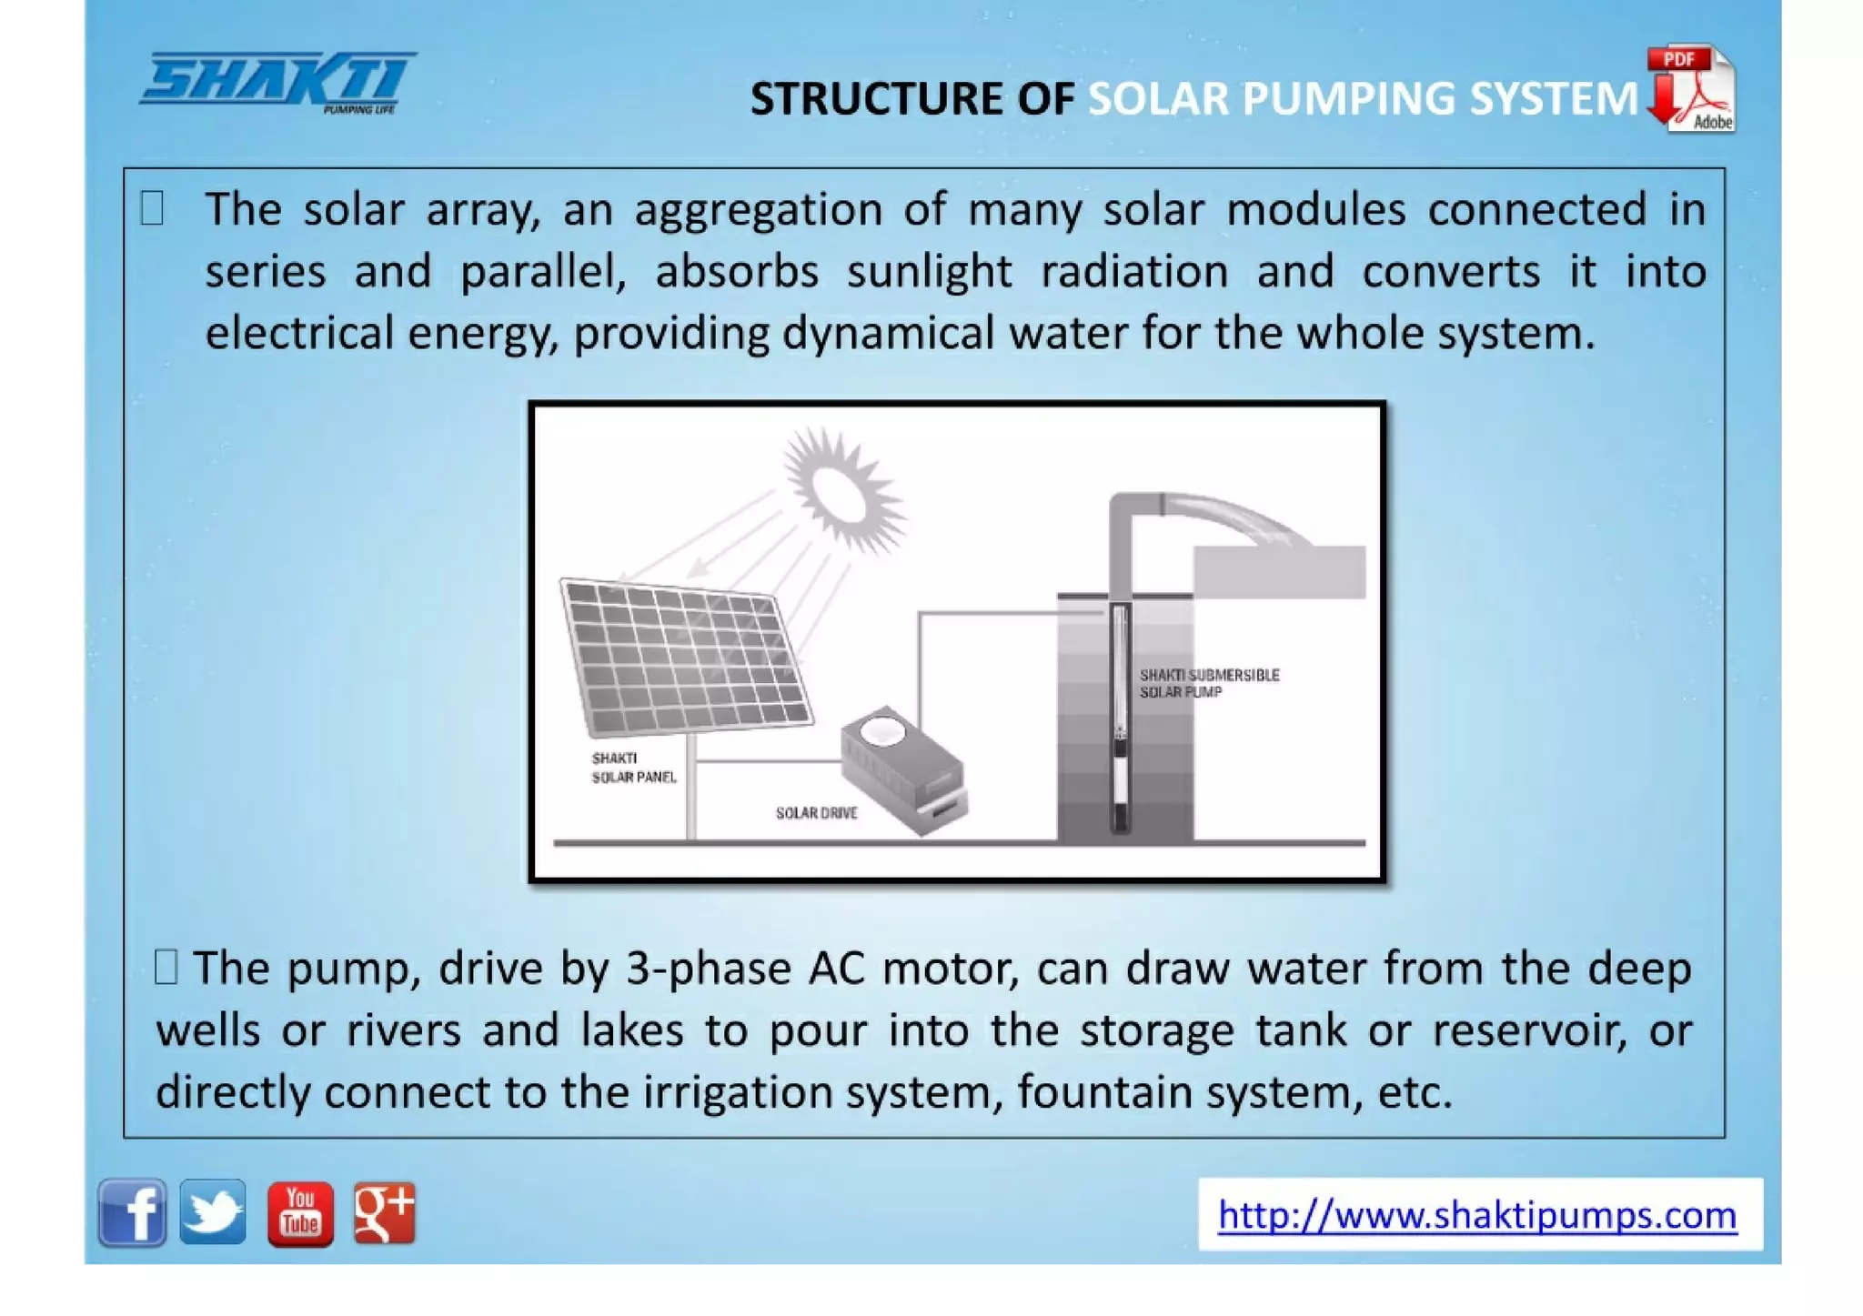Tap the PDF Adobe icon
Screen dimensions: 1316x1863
click(x=1691, y=89)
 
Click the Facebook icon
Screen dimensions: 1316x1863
click(x=132, y=1212)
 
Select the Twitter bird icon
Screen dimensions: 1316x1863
click(x=213, y=1212)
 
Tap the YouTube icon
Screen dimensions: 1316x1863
click(x=300, y=1213)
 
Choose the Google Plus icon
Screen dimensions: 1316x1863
click(x=384, y=1212)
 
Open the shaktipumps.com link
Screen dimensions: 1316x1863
click(x=1477, y=1215)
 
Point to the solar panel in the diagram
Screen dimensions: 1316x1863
click(x=687, y=658)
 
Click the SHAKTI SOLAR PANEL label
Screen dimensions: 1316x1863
click(x=633, y=768)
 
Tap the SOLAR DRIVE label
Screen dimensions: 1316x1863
click(x=816, y=813)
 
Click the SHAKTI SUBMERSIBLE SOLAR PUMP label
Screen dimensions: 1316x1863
click(x=1209, y=683)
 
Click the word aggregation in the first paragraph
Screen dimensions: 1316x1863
click(x=758, y=211)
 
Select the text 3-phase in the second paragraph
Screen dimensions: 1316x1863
click(x=709, y=969)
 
